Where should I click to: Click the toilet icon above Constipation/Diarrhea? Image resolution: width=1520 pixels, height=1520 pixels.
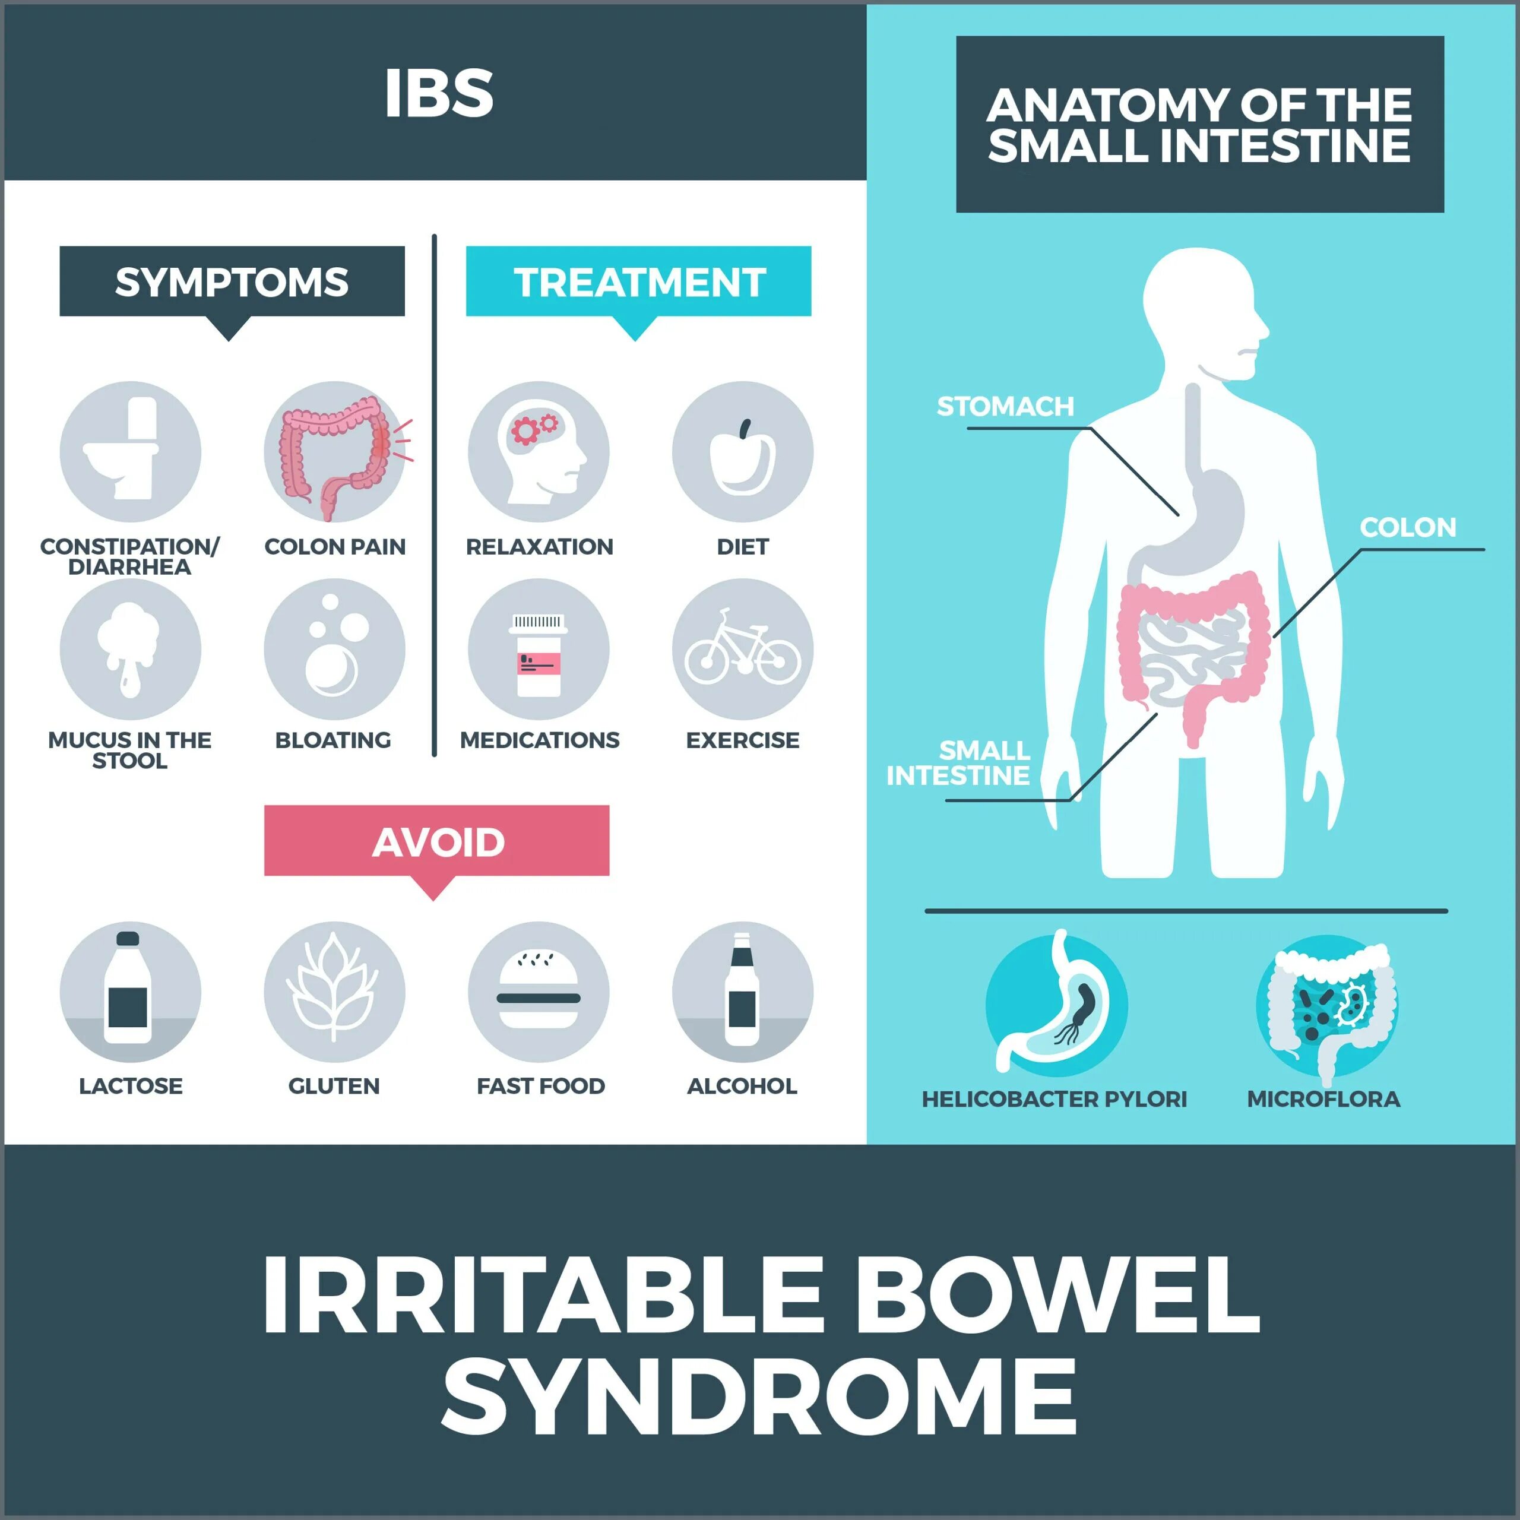coord(130,452)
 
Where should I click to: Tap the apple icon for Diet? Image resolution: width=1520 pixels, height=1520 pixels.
coord(742,457)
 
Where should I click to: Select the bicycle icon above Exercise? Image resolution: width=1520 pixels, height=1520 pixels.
coord(742,649)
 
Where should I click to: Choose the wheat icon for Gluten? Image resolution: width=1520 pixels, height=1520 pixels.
coord(334,990)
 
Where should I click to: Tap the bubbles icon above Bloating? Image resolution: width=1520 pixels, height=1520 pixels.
coord(334,649)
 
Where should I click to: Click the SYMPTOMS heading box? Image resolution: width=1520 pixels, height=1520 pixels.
coord(232,281)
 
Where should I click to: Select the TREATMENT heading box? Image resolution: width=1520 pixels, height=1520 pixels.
coord(638,281)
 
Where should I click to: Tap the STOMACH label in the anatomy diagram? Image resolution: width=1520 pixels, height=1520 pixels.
coord(1005,407)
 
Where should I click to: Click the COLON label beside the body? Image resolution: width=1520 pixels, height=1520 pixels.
coord(1408,527)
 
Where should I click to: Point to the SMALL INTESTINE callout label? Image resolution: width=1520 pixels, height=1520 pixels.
coord(958,763)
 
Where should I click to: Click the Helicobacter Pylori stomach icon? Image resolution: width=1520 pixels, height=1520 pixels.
coord(1056,1005)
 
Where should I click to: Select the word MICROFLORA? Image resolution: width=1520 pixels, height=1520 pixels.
coord(1323,1099)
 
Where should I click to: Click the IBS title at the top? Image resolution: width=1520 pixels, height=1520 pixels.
coord(439,93)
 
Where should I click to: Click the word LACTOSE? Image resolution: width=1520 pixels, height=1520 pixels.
coord(131,1086)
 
